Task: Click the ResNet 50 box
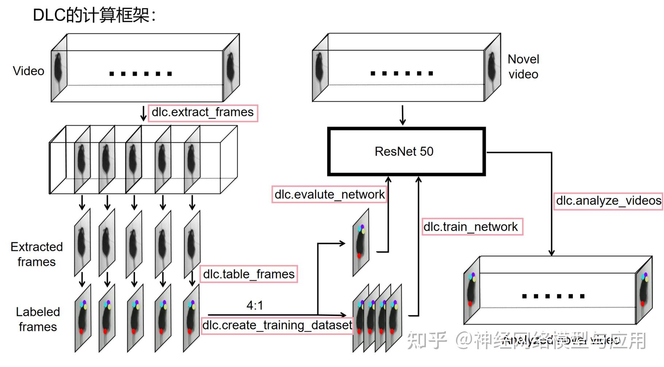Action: coord(406,151)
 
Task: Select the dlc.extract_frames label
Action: coord(202,113)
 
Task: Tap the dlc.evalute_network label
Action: coord(329,195)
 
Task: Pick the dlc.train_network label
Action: coord(472,227)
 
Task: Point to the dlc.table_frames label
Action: coord(249,274)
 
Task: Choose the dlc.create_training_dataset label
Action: coord(277,325)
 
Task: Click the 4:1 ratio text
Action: coord(255,305)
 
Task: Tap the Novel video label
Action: coord(523,67)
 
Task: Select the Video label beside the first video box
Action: coord(28,71)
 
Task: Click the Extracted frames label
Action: coord(36,254)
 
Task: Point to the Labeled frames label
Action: coord(38,319)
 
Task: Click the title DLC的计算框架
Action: coord(94,16)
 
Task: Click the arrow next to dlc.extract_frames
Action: coord(144,114)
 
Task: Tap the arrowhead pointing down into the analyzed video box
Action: coord(551,252)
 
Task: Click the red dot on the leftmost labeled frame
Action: coord(81,331)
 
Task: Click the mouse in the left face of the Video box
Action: coord(58,69)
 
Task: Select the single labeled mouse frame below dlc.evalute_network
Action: coord(361,242)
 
